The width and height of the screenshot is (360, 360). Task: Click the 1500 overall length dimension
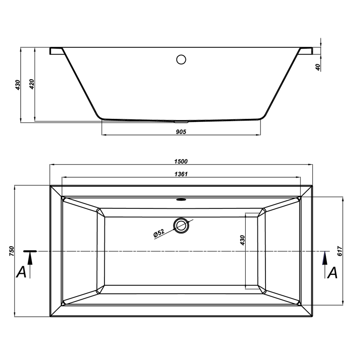click(x=181, y=162)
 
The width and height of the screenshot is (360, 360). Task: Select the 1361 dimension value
click(x=181, y=174)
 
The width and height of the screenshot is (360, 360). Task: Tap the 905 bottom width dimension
click(x=181, y=132)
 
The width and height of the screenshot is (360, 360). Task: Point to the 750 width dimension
click(x=12, y=251)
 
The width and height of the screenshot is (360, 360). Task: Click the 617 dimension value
click(x=340, y=251)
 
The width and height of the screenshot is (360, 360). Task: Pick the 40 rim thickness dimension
click(x=318, y=67)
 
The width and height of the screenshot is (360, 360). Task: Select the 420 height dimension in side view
click(x=32, y=84)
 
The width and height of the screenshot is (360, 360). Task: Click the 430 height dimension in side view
click(x=18, y=85)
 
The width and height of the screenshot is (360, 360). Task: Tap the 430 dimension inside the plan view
click(x=243, y=240)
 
